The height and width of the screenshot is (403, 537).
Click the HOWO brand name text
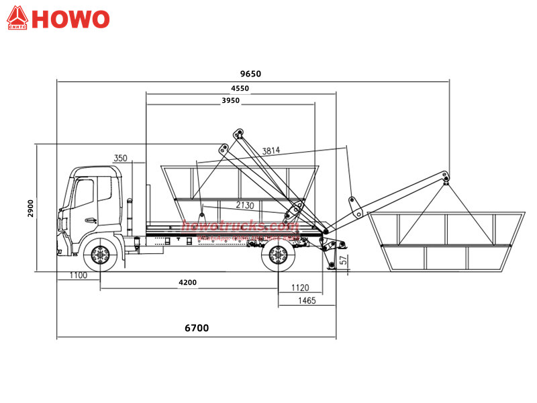pos(70,19)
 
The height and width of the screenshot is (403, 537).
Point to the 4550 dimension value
pos(240,89)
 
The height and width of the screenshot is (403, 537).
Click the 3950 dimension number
pos(230,100)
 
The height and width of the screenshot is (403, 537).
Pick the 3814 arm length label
pos(272,150)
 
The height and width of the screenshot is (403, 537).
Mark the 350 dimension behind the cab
pos(120,158)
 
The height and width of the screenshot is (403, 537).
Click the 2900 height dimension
pos(30,208)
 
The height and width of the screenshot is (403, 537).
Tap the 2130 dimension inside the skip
pos(245,205)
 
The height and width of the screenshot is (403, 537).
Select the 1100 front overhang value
pos(78,275)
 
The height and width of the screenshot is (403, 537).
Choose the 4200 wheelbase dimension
pos(188,283)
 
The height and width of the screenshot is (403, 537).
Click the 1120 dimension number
pos(300,287)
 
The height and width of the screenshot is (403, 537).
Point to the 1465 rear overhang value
pos(307,301)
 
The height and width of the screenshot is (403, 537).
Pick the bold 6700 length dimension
pos(197,328)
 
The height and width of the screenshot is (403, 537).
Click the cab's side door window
pos(83,193)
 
